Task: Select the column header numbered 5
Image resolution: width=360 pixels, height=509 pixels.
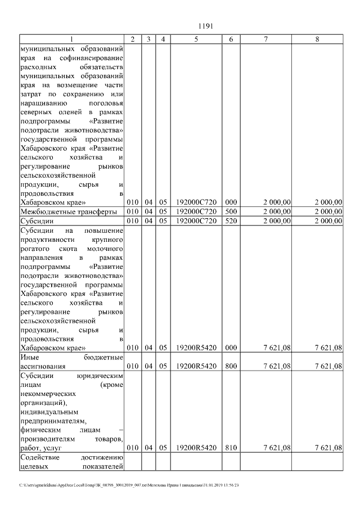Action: [196, 39]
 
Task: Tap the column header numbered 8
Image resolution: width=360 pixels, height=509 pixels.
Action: [317, 39]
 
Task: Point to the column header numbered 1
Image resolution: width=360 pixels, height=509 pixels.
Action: [71, 39]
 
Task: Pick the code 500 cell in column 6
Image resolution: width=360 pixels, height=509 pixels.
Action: [231, 211]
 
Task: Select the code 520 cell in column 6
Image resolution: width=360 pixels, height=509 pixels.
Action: [231, 221]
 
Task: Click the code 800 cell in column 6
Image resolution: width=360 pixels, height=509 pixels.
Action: [231, 366]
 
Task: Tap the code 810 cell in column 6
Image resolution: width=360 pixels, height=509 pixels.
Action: [231, 448]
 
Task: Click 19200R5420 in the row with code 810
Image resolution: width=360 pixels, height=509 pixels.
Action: [196, 448]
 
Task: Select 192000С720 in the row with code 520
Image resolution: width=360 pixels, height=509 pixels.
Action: [196, 221]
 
